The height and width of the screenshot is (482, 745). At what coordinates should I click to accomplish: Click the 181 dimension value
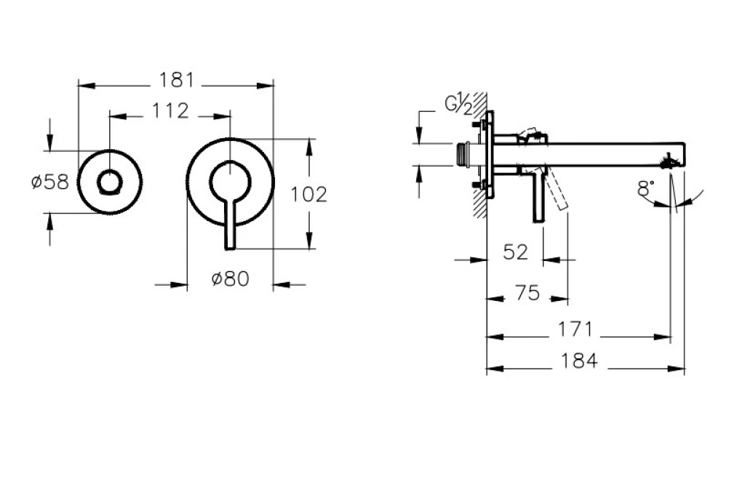pyautogui.click(x=176, y=81)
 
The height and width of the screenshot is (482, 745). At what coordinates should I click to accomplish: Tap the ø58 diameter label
pyautogui.click(x=51, y=182)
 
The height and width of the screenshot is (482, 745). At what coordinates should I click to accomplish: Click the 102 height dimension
pyautogui.click(x=308, y=194)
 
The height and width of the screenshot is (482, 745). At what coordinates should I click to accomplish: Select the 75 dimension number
pyautogui.click(x=527, y=293)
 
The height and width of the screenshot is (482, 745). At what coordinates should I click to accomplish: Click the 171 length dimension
pyautogui.click(x=576, y=329)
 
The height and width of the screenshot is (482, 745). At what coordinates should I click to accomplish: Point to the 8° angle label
pyautogui.click(x=645, y=189)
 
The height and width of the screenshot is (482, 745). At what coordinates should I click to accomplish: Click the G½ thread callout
pyautogui.click(x=458, y=105)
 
